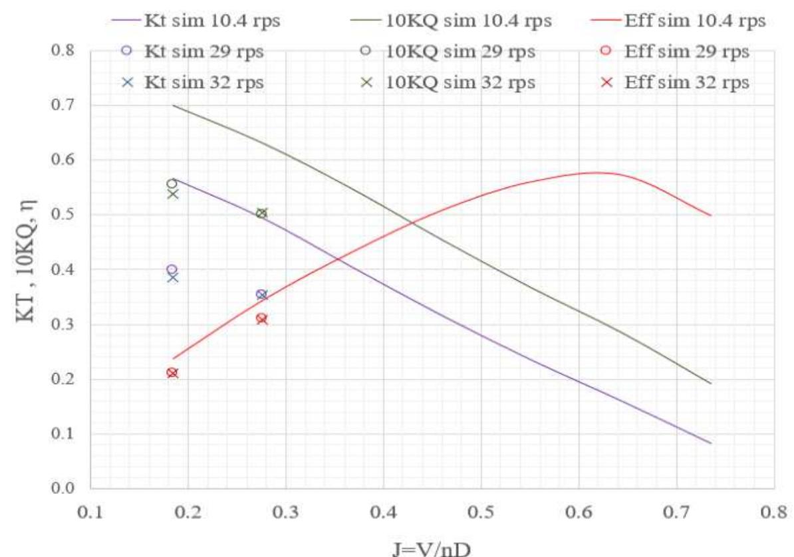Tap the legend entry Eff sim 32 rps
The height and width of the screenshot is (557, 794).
click(686, 83)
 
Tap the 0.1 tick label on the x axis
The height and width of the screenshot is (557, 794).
click(90, 514)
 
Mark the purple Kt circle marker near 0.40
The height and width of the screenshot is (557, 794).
click(172, 270)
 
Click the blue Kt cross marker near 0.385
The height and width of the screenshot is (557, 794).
click(173, 277)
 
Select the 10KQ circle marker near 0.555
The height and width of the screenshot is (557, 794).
click(172, 183)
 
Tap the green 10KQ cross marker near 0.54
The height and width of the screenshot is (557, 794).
click(173, 194)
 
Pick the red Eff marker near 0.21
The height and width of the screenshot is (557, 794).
click(172, 373)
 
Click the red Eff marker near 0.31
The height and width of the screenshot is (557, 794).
click(261, 319)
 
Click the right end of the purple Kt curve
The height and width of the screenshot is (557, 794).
click(711, 443)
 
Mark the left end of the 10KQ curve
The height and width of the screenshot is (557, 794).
click(173, 105)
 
